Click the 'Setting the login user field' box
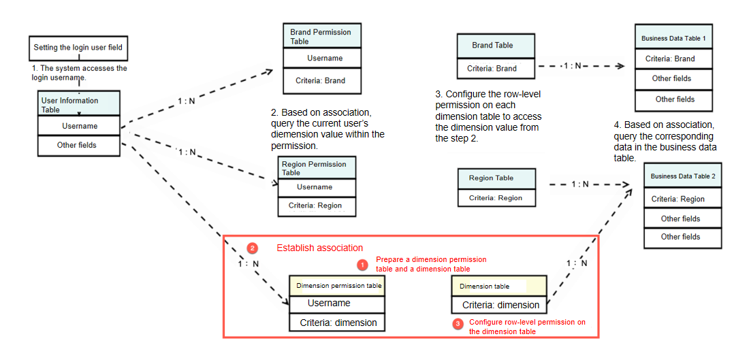point(78,48)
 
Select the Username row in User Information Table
point(79,126)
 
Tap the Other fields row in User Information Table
point(79,145)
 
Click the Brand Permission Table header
point(321,36)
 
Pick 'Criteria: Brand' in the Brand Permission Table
point(321,80)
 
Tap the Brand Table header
point(495,46)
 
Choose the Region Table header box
point(496,178)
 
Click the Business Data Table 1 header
point(673,38)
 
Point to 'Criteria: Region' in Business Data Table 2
point(678,199)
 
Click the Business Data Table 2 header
point(682,176)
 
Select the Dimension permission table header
point(338,286)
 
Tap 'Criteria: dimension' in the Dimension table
point(500,305)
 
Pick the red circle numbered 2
point(252,248)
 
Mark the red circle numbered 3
point(458,323)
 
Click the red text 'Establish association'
point(319,248)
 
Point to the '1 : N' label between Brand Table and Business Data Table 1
point(572,67)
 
